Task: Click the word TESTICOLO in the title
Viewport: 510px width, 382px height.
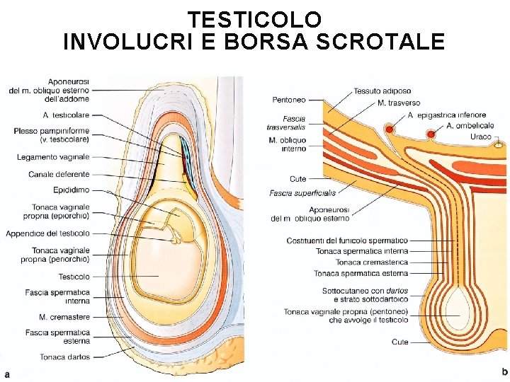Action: (x=254, y=18)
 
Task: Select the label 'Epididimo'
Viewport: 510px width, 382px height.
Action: (x=71, y=190)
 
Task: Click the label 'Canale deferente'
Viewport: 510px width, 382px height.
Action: (x=59, y=174)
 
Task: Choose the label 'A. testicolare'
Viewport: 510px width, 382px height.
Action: (x=66, y=115)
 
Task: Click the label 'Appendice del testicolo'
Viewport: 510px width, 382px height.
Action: (x=47, y=233)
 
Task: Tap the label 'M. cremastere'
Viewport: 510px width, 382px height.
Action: (x=64, y=317)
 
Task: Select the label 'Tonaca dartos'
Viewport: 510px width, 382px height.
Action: (x=64, y=357)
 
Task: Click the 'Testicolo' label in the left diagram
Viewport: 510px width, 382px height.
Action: (x=74, y=277)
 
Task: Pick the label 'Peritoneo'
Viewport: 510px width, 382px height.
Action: (x=289, y=100)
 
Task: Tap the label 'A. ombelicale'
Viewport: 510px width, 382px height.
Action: (x=470, y=126)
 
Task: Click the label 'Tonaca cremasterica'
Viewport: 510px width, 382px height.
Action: (x=372, y=262)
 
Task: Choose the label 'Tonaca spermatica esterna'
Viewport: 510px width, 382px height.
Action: (x=361, y=273)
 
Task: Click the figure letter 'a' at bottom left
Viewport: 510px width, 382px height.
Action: (x=7, y=373)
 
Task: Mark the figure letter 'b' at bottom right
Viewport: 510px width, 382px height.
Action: (x=504, y=371)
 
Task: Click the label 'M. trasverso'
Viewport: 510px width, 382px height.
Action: (x=399, y=103)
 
